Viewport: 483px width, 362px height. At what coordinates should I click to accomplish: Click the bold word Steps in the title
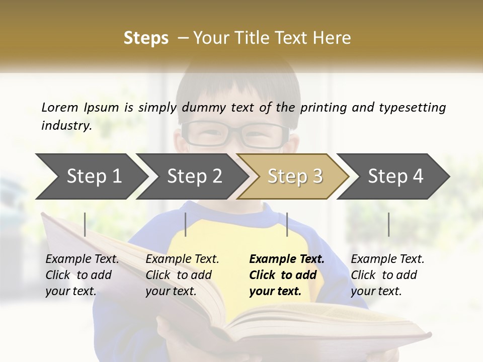click(146, 38)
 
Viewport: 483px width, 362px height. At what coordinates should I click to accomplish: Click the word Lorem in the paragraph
click(59, 107)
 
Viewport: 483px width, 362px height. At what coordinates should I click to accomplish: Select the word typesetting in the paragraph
click(412, 107)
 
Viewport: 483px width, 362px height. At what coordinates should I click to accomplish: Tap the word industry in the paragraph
click(66, 125)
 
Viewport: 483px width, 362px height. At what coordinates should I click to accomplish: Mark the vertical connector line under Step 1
click(85, 224)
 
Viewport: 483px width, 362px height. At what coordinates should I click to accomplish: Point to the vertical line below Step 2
click(186, 224)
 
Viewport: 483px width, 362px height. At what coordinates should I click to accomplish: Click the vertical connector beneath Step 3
click(287, 224)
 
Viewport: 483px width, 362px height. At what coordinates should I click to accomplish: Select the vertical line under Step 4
click(388, 224)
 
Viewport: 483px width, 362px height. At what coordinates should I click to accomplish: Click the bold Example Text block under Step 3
click(287, 275)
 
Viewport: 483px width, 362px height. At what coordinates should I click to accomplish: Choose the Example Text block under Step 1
click(82, 275)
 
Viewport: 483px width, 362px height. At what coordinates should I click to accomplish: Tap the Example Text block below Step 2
click(182, 275)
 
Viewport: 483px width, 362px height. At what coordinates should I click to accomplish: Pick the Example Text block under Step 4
click(387, 275)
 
